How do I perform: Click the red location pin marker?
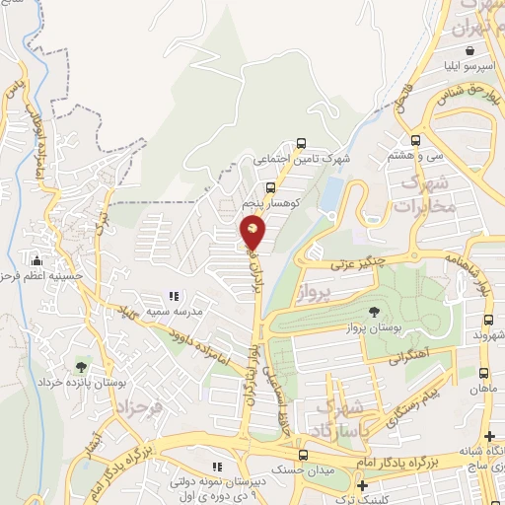click(x=252, y=232)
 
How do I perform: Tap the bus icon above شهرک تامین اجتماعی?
click(x=301, y=141)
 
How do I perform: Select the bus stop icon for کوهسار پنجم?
click(x=270, y=186)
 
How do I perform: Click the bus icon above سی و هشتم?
click(x=415, y=140)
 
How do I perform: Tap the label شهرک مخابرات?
click(x=425, y=195)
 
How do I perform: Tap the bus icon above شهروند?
click(x=488, y=320)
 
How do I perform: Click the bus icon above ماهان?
click(x=483, y=374)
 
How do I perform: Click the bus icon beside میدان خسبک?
click(x=303, y=455)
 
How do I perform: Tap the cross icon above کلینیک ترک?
click(x=364, y=486)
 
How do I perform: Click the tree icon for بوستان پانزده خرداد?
click(x=81, y=366)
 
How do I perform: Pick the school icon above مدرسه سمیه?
click(x=174, y=296)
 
